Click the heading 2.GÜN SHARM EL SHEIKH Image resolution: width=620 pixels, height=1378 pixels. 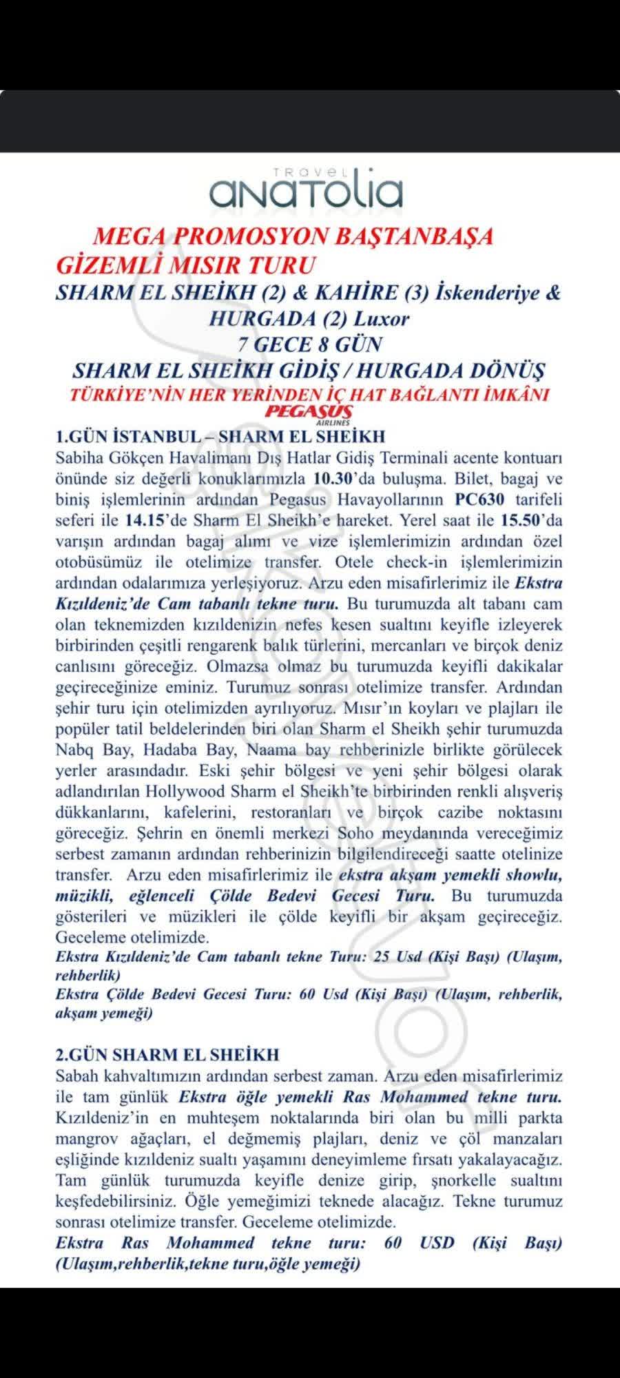tap(167, 1055)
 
